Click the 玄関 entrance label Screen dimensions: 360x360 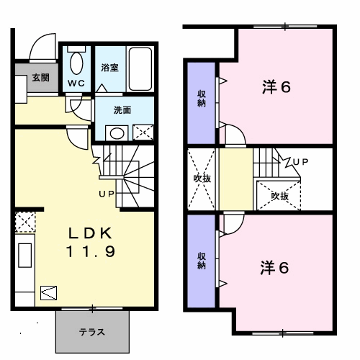[41, 78]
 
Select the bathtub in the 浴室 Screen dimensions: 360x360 [140, 69]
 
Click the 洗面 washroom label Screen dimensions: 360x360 [122, 110]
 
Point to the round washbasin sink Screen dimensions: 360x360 [117, 133]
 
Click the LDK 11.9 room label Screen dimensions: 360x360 [91, 242]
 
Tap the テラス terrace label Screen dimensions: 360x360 [92, 332]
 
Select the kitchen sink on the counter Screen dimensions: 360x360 [24, 256]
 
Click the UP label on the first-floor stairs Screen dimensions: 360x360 [107, 194]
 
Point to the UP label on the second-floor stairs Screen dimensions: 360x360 [300, 162]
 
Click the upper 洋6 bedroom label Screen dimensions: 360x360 [276, 87]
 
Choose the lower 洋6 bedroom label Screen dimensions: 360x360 [275, 268]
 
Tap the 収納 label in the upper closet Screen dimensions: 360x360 [202, 99]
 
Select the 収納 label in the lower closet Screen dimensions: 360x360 [202, 261]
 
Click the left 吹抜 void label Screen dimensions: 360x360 [202, 179]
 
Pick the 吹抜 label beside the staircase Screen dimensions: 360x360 [280, 197]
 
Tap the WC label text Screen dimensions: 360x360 [76, 84]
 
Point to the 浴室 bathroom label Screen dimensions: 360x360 [110, 68]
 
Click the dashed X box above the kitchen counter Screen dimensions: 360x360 [25, 222]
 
